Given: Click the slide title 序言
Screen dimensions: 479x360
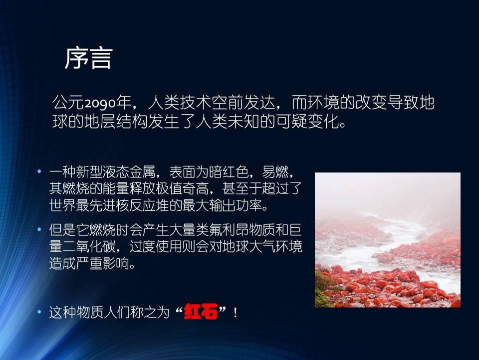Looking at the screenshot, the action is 89,58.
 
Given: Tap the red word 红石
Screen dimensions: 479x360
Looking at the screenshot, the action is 201,311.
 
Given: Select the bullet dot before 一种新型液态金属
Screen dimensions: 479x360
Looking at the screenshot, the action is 39,171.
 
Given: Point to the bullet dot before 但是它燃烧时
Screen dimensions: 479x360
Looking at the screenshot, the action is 39,229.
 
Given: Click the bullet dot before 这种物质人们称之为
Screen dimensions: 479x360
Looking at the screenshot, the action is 39,312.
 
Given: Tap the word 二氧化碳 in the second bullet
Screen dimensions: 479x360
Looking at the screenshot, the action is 89,246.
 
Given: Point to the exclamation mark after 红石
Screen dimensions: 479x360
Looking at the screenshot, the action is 235,312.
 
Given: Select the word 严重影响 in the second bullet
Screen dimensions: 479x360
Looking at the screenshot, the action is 103,263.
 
